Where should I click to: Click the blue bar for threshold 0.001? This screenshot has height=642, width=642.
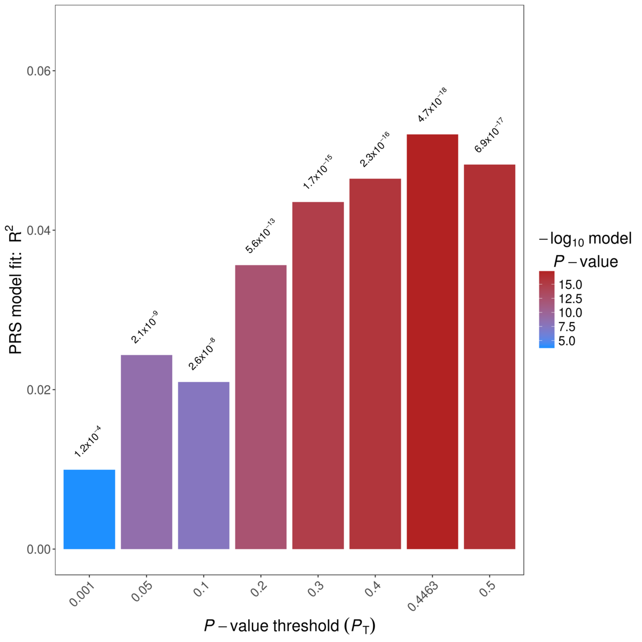click(89, 509)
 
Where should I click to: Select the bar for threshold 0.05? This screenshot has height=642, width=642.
click(147, 452)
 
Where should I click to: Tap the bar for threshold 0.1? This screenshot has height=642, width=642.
click(204, 465)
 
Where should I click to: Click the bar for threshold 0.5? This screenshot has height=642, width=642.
click(490, 356)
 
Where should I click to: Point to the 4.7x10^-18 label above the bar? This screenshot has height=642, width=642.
click(432, 105)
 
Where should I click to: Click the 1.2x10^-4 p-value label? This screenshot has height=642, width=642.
click(88, 441)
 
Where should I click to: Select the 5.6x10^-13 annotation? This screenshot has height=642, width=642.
click(260, 236)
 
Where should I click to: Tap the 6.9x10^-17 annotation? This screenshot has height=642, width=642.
click(489, 135)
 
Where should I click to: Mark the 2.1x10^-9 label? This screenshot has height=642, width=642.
click(144, 327)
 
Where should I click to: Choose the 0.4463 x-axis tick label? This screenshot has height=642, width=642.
click(424, 595)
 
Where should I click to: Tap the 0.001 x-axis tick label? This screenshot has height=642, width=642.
click(81, 594)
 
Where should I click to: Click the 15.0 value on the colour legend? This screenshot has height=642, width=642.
click(570, 285)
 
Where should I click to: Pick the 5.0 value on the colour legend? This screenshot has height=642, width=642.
click(567, 341)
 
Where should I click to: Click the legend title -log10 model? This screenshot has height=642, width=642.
click(585, 239)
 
